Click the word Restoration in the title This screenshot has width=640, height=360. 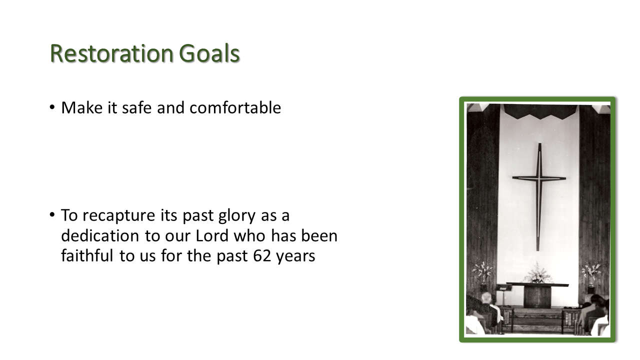point(111,53)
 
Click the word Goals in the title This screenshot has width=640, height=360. point(209,53)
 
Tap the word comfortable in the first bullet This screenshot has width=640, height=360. point(235,107)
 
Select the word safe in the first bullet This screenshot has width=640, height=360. point(136,107)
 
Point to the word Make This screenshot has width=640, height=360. point(82,107)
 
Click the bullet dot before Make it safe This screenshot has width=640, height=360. point(52,107)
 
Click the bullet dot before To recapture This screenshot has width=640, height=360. point(52,214)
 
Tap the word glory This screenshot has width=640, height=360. point(237,216)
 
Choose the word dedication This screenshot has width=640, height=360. point(100,235)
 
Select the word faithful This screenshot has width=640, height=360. point(87,255)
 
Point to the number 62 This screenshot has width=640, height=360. point(262,255)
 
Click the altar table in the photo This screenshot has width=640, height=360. point(537,295)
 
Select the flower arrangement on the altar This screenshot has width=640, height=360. point(537,273)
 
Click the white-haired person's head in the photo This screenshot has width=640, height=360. point(487,298)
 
